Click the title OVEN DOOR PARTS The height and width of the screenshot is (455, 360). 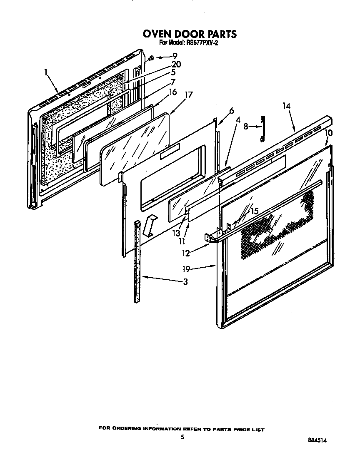[190, 34]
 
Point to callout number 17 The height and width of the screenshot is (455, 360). [188, 94]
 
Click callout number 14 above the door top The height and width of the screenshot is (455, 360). [286, 106]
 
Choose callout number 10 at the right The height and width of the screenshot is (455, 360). [329, 133]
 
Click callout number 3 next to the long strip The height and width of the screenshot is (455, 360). [185, 282]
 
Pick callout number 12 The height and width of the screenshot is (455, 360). [186, 253]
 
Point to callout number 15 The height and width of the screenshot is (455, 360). [254, 211]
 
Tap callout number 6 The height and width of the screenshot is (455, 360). [231, 111]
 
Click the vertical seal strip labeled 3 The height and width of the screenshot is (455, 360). [137, 262]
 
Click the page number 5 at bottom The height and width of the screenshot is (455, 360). [182, 437]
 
